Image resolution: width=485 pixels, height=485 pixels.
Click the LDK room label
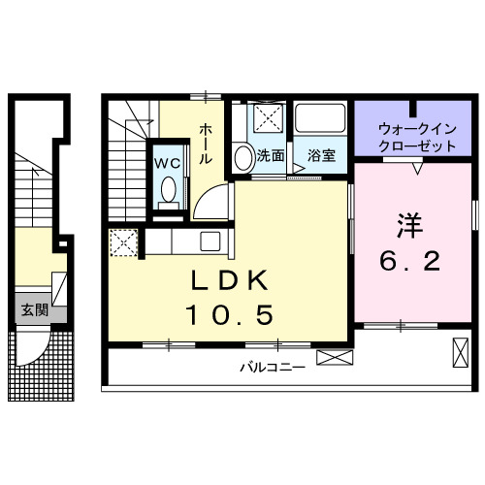tap(229, 282)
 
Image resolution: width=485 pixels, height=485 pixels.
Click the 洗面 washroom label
tap(271, 155)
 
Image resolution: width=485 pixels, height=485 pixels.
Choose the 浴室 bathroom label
tap(321, 155)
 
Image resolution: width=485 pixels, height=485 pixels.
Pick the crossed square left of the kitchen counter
tap(123, 243)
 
